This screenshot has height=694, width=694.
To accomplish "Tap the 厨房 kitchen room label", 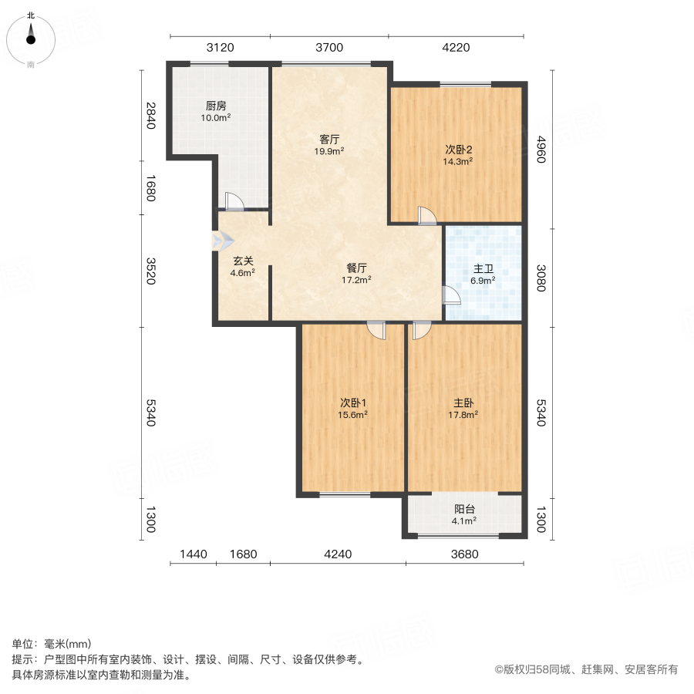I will click(x=216, y=106).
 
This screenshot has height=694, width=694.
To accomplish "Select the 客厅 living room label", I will click(x=330, y=140).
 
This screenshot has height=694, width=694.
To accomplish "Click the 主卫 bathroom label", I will click(x=483, y=269).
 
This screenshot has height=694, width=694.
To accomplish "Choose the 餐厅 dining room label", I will click(x=357, y=268).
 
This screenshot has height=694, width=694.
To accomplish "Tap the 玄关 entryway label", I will click(x=243, y=261).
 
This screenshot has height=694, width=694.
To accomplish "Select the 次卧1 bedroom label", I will click(x=353, y=403).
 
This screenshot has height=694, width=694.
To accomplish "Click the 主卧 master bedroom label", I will click(x=463, y=403).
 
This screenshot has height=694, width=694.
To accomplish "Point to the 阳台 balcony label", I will click(x=463, y=509).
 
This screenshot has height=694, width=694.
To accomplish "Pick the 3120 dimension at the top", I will click(x=220, y=48).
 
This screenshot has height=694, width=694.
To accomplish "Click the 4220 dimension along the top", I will click(x=456, y=48).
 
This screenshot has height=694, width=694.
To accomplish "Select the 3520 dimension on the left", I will click(x=150, y=270).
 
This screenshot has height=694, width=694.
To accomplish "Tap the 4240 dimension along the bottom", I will click(x=338, y=554).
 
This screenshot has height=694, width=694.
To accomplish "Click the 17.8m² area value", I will click(x=463, y=414).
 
